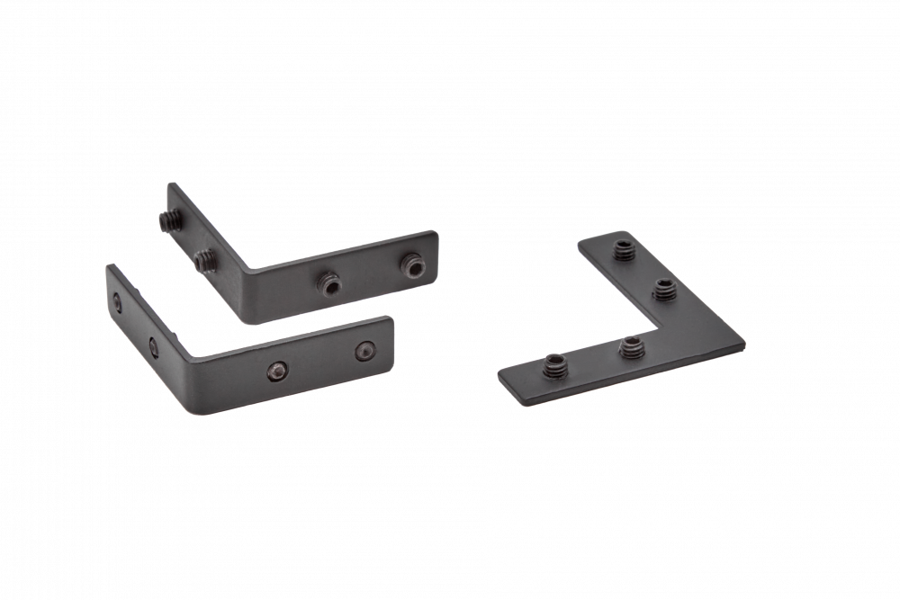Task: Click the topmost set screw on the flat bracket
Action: (x=622, y=248)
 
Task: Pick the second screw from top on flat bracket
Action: (x=665, y=289)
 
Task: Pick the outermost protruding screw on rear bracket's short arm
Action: (x=168, y=219)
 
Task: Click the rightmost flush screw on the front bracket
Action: (x=364, y=349)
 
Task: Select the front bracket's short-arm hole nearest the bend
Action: (x=153, y=342)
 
